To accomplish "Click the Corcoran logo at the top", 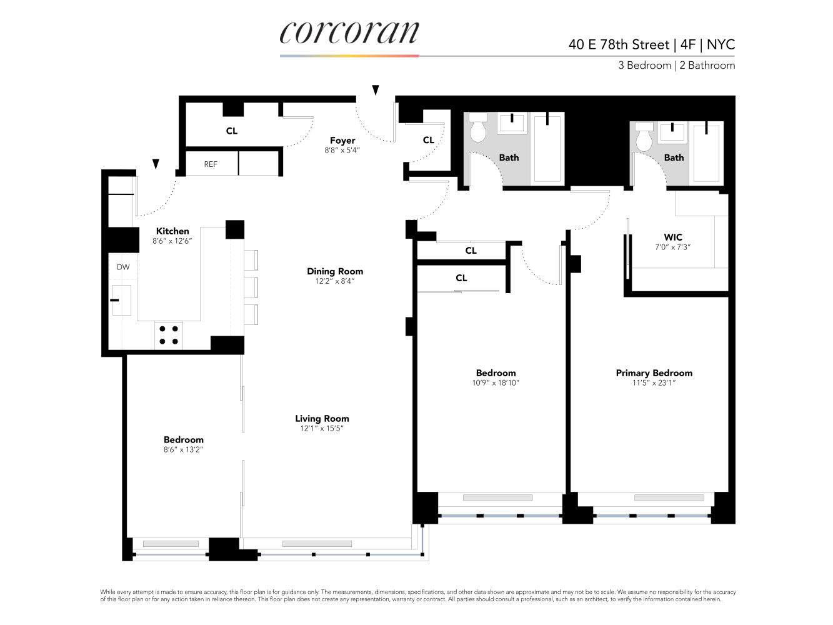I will pyautogui.click(x=349, y=32).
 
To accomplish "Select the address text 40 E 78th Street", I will pyautogui.click(x=619, y=44).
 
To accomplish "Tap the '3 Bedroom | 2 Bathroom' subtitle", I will pyautogui.click(x=676, y=65).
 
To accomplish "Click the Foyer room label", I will pyautogui.click(x=342, y=141).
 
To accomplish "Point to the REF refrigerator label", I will pyautogui.click(x=211, y=164).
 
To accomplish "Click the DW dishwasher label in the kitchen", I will pyautogui.click(x=123, y=267).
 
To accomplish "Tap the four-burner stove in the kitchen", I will pyautogui.click(x=169, y=335).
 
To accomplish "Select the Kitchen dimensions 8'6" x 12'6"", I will pyautogui.click(x=172, y=241).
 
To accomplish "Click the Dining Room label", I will pyautogui.click(x=335, y=271).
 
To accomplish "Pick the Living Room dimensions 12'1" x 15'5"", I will pyautogui.click(x=322, y=429).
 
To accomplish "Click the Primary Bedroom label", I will pyautogui.click(x=654, y=373).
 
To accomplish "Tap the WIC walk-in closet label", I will pyautogui.click(x=673, y=237).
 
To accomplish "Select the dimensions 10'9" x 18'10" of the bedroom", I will pyautogui.click(x=496, y=383).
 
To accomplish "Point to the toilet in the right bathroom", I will pyautogui.click(x=644, y=137).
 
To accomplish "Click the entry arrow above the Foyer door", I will pyautogui.click(x=376, y=91).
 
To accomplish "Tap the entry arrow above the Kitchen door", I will pyautogui.click(x=156, y=164).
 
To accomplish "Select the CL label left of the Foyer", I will pyautogui.click(x=232, y=131).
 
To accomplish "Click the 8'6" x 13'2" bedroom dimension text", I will pyautogui.click(x=183, y=450).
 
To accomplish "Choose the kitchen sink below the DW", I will pyautogui.click(x=121, y=300).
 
